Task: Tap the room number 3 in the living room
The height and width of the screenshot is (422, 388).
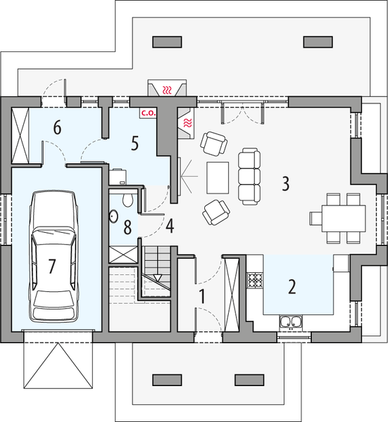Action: (x=285, y=184)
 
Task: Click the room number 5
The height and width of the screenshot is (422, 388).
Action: (x=135, y=143)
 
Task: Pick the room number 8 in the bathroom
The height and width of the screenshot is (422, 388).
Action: (x=127, y=227)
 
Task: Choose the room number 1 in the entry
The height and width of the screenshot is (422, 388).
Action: (x=201, y=297)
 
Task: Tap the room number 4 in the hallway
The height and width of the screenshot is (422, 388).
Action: (x=170, y=226)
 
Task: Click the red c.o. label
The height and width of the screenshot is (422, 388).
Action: (x=148, y=111)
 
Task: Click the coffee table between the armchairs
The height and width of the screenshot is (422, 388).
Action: (x=218, y=177)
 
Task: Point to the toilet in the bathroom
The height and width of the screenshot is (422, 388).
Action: (x=127, y=200)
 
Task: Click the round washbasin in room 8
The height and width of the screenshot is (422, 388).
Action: (x=114, y=216)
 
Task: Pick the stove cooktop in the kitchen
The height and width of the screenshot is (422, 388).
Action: (x=254, y=280)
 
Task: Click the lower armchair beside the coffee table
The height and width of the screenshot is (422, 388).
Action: (x=214, y=210)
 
